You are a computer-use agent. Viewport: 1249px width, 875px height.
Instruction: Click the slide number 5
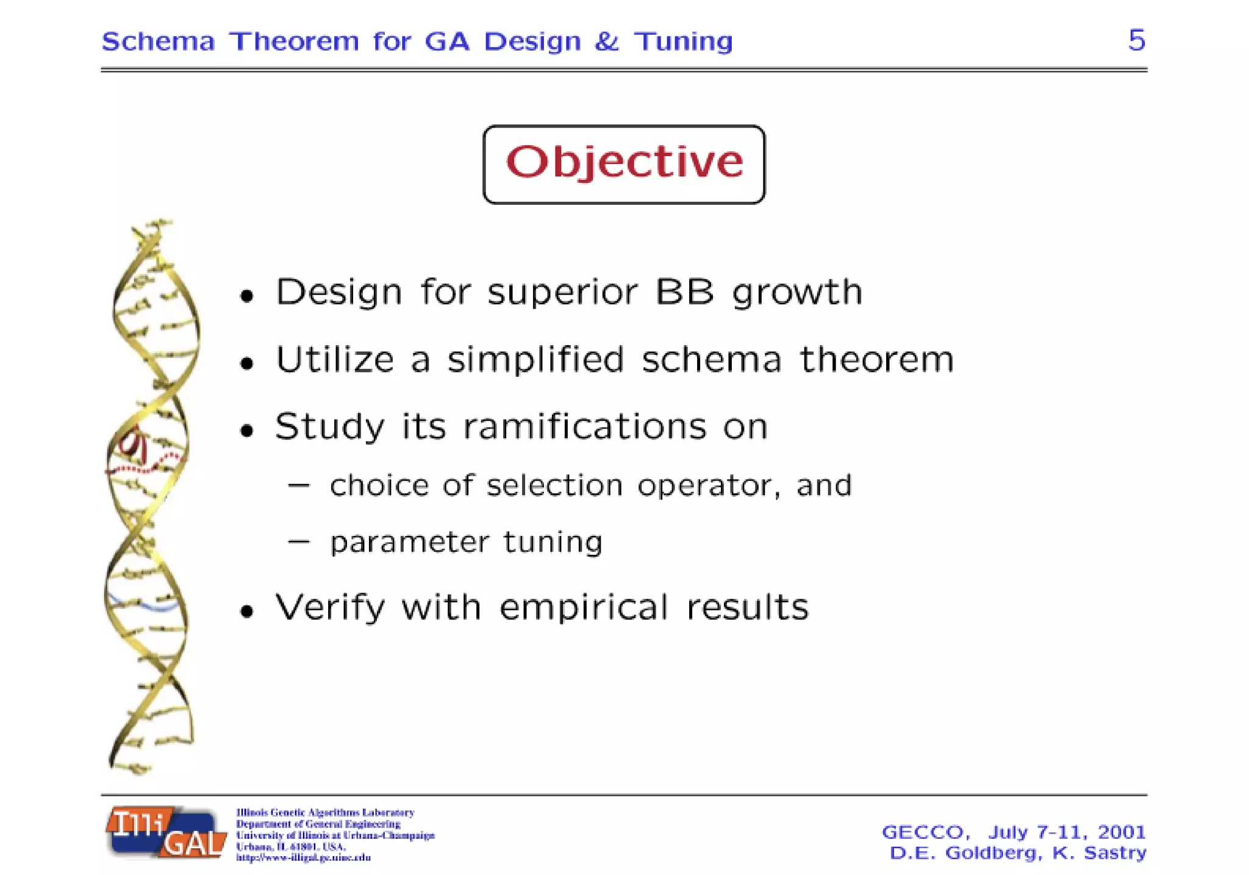1136,40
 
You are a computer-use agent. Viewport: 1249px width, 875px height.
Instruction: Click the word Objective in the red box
624,163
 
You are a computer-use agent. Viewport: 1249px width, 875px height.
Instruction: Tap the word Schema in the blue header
158,41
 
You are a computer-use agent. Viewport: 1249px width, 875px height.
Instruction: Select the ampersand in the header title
606,41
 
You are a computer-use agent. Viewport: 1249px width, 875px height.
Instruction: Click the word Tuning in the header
683,42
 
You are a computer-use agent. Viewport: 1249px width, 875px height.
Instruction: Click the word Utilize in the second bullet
335,359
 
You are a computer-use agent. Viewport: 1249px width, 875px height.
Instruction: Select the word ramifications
584,426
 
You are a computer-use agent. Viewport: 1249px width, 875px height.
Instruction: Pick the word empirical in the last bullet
584,607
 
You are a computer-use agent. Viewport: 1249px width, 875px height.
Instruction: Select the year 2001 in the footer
1121,832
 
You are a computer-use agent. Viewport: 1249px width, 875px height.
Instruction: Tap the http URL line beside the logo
303,857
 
